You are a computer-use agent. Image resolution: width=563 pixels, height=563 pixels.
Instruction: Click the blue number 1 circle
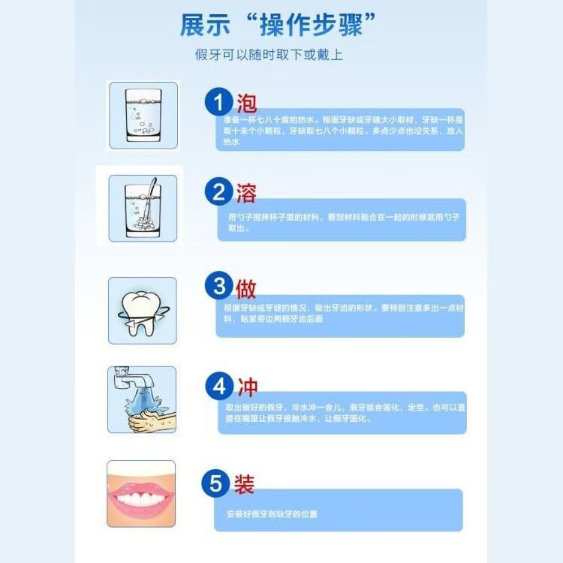coord(219,102)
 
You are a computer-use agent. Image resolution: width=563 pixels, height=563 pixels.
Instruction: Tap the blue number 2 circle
coord(219,193)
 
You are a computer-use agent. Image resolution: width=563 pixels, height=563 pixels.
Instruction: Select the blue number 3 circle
coord(219,287)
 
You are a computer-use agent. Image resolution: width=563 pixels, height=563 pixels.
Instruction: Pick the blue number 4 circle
coord(219,387)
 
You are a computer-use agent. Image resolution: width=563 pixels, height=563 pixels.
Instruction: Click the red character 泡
coord(246,102)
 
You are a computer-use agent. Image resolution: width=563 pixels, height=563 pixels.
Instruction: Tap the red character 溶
coord(246,193)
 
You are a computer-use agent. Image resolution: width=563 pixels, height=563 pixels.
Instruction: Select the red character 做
coord(246,287)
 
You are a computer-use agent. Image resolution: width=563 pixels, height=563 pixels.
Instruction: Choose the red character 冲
coord(246,387)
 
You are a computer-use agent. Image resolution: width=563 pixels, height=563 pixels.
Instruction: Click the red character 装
coord(245,484)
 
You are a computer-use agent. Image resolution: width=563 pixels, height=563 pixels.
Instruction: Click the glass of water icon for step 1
coord(143,116)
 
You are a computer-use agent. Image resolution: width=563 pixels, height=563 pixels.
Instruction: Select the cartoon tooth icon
coord(141,310)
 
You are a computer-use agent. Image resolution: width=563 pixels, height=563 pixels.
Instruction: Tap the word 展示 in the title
coord(203,26)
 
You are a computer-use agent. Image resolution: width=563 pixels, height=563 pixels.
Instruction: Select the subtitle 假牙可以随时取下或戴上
coord(269,56)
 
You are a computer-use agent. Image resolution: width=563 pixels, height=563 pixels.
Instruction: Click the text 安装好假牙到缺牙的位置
coord(272,514)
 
